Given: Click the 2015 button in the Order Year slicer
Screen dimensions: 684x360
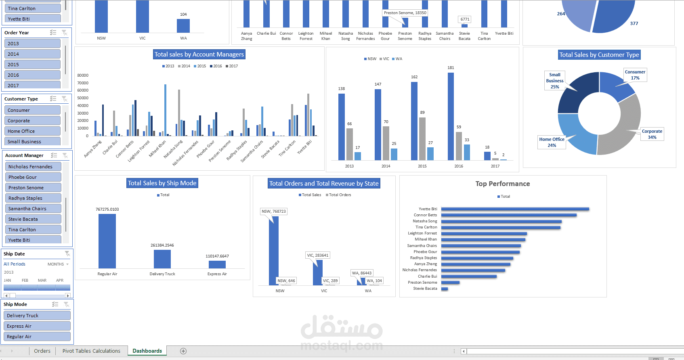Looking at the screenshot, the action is click(32, 65).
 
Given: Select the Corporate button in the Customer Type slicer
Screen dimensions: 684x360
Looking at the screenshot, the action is click(32, 121).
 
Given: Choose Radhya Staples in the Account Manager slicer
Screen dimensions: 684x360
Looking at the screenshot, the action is click(33, 198).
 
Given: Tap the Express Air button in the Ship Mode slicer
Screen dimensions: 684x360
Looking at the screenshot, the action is click(37, 326).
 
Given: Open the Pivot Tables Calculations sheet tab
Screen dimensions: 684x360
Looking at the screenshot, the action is click(91, 351).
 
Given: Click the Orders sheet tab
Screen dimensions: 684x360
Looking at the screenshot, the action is click(42, 351).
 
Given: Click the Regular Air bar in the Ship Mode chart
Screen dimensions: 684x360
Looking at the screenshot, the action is click(107, 241).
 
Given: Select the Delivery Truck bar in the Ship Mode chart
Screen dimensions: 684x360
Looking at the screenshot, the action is click(162, 259).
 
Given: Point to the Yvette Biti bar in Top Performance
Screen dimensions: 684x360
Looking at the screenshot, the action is click(515, 209).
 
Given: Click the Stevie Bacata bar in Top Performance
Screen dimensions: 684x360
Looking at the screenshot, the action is click(445, 289).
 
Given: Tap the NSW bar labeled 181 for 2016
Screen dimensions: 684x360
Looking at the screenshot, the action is click(451, 116).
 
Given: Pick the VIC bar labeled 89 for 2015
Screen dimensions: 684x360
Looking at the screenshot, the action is click(422, 139).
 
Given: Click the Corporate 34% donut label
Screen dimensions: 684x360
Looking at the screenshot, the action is click(652, 134).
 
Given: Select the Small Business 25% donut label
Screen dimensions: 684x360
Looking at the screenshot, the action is click(555, 81).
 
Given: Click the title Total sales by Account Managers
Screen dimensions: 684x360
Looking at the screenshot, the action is click(199, 54).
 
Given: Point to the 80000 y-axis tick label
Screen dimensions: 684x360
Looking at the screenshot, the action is click(83, 75).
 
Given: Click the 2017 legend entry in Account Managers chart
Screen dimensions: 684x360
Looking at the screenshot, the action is click(232, 66).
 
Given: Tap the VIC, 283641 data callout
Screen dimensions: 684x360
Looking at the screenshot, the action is click(317, 255).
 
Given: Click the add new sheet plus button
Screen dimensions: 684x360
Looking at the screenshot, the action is click(183, 351).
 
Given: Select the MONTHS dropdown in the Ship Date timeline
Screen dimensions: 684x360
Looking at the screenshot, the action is click(58, 264).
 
